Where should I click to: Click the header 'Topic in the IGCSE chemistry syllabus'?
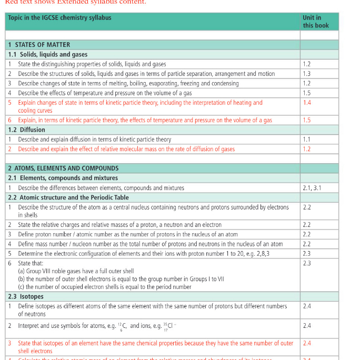point(59,18)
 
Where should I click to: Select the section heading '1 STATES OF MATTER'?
point(39,45)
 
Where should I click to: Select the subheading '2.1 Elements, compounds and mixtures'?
point(63,178)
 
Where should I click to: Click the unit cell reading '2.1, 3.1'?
point(312,188)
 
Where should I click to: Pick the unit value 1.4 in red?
point(307,103)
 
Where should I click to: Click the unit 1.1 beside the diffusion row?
point(307,139)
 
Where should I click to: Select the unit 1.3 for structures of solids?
point(307,74)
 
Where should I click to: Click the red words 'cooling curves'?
point(34,111)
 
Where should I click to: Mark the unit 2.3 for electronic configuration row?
point(307,253)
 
